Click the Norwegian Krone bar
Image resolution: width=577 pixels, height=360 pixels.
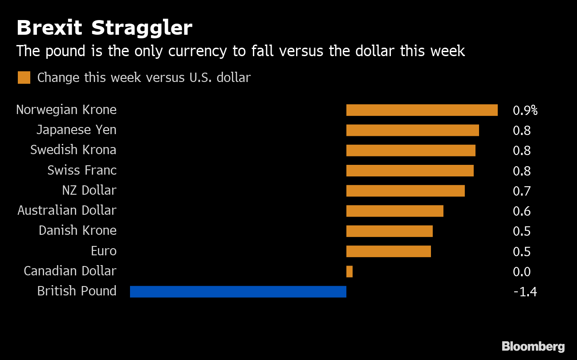pyautogui.click(x=422, y=110)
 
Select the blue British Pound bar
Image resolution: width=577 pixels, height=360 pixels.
pyautogui.click(x=238, y=291)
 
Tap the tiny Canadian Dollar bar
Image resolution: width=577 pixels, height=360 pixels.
pyautogui.click(x=349, y=271)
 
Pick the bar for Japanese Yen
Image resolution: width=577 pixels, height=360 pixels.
pyautogui.click(x=412, y=130)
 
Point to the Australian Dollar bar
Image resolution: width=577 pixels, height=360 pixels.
pyautogui.click(x=394, y=211)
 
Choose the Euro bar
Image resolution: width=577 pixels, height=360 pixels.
pyautogui.click(x=388, y=251)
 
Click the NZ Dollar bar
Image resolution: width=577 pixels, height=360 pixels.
pyautogui.click(x=405, y=191)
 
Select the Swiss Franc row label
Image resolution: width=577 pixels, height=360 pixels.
pyautogui.click(x=82, y=170)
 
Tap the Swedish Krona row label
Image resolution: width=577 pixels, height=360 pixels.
pyautogui.click(x=73, y=150)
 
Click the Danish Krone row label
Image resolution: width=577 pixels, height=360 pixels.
pyautogui.click(x=77, y=231)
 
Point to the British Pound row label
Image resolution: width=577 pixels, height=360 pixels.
pyautogui.click(x=77, y=291)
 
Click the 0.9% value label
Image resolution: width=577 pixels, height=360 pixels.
pyautogui.click(x=525, y=110)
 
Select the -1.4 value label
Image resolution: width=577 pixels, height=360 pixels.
pyautogui.click(x=524, y=292)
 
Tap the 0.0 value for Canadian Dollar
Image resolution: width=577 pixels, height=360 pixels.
pyautogui.click(x=521, y=272)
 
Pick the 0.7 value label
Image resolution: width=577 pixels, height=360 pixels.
pyautogui.click(x=521, y=191)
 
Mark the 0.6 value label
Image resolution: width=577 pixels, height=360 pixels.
pyautogui.click(x=521, y=211)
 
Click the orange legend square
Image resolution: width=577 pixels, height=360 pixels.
pyautogui.click(x=24, y=78)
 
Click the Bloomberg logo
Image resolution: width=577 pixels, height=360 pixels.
pyautogui.click(x=533, y=346)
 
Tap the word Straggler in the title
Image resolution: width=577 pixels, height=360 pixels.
pyautogui.click(x=142, y=28)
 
